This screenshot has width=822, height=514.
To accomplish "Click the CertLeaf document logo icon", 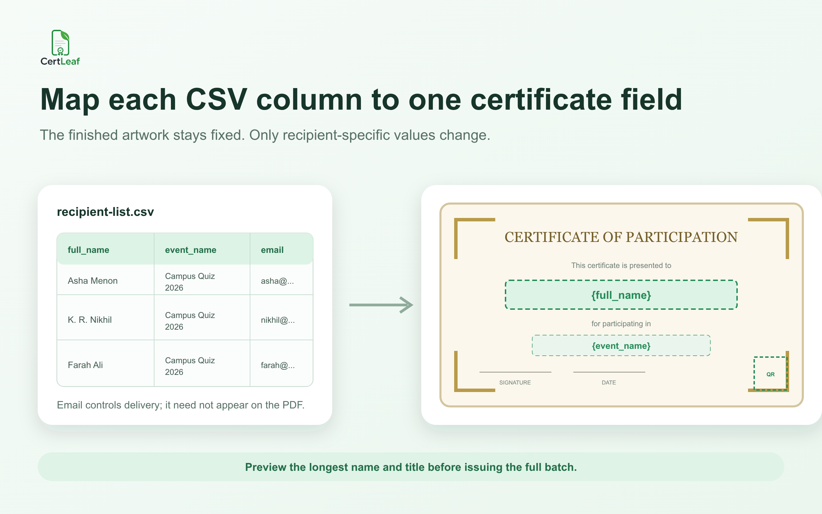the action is (60, 42).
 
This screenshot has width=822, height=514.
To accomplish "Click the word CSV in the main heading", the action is (216, 100).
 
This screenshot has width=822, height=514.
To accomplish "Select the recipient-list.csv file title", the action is (105, 212).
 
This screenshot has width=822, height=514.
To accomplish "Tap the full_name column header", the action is (88, 250).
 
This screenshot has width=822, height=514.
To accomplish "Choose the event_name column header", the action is (190, 250).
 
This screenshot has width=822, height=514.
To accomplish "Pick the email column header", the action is (272, 250).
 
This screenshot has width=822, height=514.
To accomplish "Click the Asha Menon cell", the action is (92, 281).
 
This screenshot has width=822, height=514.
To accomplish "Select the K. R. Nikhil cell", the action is (90, 320).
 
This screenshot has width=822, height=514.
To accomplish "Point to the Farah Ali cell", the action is (85, 365).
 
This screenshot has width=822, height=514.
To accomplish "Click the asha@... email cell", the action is (277, 281).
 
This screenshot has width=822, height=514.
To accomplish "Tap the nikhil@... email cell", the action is (278, 320).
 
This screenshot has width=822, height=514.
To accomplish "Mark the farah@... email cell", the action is (278, 365).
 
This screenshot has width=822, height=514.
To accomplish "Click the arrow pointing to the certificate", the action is (381, 305).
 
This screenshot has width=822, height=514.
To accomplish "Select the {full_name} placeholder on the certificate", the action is (621, 295).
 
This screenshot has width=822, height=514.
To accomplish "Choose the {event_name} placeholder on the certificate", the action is (621, 346).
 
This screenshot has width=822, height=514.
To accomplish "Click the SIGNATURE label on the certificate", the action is (515, 382).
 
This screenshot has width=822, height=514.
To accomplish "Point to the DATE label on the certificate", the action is (609, 382).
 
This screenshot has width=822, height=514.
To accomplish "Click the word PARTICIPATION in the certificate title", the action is (682, 237).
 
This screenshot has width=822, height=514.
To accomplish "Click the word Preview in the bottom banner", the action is (266, 467).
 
